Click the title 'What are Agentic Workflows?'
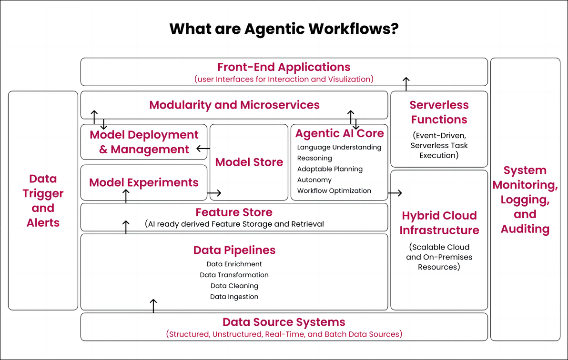[284, 29]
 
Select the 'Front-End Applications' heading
[284, 67]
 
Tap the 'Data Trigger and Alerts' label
[43, 200]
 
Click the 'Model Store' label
[249, 162]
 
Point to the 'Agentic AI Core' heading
[339, 133]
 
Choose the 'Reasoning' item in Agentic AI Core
[314, 158]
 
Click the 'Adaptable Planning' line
[330, 169]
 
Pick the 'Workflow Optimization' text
[334, 191]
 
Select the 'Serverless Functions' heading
[439, 112]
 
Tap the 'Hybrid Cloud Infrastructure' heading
[439, 223]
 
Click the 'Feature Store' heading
[234, 212]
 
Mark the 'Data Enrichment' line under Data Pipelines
[234, 264]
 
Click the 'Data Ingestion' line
[234, 297]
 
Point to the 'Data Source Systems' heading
[284, 322]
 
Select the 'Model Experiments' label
[144, 182]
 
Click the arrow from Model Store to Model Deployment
[203, 149]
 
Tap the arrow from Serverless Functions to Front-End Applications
[406, 84]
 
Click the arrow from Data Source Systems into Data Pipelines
[153, 305]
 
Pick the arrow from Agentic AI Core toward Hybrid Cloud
[395, 193]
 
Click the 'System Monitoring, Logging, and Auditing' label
[525, 200]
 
